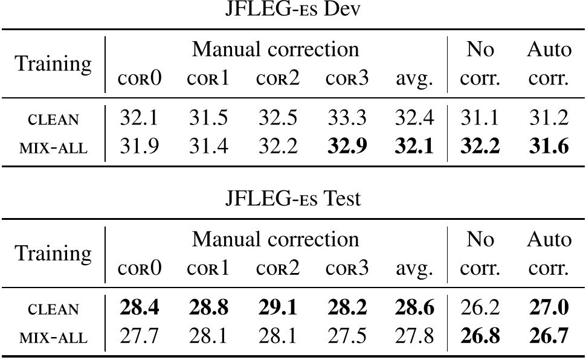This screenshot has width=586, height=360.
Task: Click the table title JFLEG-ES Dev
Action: pyautogui.click(x=292, y=12)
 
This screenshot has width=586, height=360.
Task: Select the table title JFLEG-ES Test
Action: pyautogui.click(x=292, y=198)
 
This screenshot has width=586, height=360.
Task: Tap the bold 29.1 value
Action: pyautogui.click(x=277, y=309)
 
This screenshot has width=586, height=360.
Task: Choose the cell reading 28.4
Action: pyautogui.click(x=140, y=309)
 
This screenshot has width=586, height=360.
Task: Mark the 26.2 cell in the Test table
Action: pyautogui.click(x=481, y=309)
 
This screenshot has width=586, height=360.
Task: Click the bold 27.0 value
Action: pyautogui.click(x=548, y=309)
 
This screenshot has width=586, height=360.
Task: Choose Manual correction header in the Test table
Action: pyautogui.click(x=275, y=239)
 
